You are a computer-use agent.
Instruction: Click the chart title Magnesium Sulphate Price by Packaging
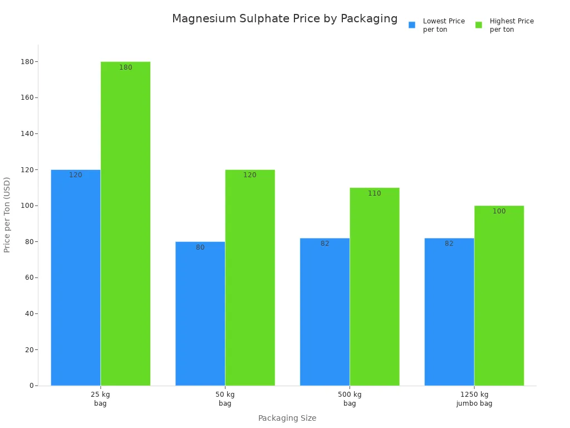point(284,19)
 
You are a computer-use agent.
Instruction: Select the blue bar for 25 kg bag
point(76,279)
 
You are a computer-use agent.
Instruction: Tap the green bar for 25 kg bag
point(125,223)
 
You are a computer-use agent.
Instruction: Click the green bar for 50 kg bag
point(250,279)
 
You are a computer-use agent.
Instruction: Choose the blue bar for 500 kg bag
point(325,312)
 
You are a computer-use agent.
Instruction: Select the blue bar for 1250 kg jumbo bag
point(449,312)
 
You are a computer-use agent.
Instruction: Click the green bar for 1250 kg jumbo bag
point(499,295)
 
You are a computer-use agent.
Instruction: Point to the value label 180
point(126,67)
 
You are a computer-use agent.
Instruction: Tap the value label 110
point(375,193)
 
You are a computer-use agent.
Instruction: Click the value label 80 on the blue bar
point(200,247)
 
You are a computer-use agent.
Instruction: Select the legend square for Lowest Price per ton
point(412,25)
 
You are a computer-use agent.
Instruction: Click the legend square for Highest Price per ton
point(479,25)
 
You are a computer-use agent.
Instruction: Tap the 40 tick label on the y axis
point(30,314)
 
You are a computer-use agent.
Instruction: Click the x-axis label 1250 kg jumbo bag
point(474,399)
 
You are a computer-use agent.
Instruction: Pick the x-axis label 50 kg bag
point(225,399)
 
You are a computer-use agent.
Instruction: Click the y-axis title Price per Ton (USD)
point(7,215)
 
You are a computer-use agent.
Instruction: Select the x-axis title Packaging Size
point(287,418)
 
